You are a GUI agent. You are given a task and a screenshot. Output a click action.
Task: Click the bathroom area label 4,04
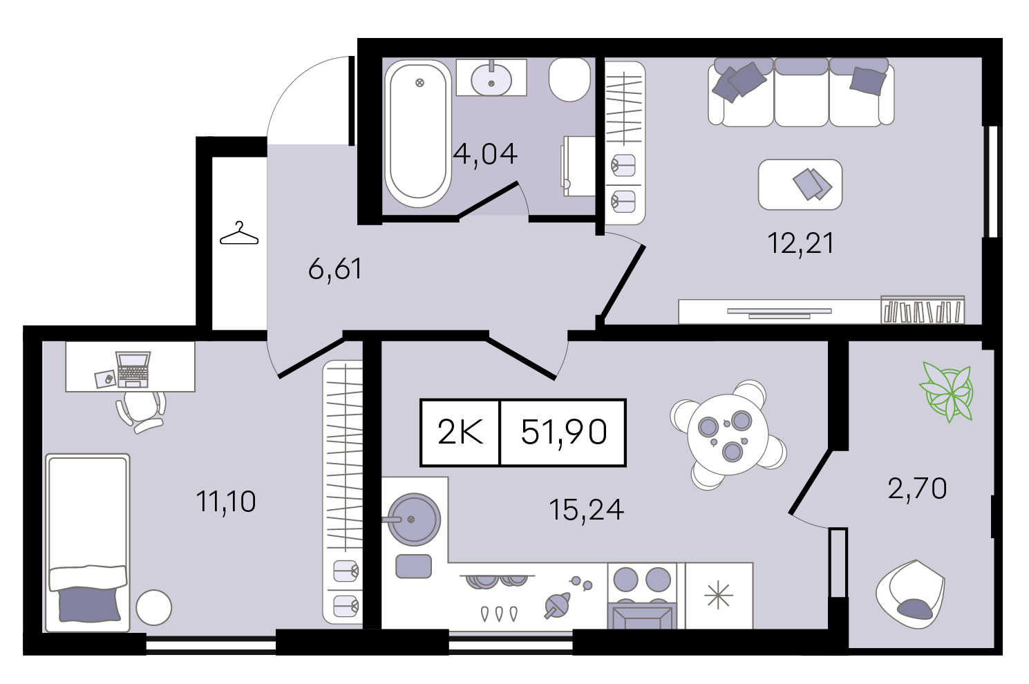coord(485,154)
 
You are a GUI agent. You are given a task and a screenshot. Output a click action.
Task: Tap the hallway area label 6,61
coord(335,269)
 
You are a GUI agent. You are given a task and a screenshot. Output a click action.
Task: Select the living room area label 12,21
coord(801,243)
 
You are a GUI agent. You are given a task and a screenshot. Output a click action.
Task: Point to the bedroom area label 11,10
coord(225,502)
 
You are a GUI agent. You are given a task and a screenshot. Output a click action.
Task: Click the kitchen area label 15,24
coord(586,510)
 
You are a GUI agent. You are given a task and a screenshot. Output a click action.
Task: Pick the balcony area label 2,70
coord(917,488)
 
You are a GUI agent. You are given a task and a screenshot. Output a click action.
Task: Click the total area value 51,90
coord(564,433)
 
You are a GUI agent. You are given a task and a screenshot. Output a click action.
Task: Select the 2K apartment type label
coord(460,433)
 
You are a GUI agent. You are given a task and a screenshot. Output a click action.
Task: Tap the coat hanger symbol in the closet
coord(239,233)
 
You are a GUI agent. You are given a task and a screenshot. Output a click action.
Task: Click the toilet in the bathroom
coord(569,79)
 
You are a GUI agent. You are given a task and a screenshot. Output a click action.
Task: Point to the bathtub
coord(418,134)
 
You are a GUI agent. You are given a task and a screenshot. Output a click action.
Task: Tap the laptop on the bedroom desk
coord(133,370)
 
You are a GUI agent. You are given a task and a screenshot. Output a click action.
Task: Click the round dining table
coord(728,435)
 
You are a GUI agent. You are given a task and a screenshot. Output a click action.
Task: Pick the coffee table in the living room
coord(800,184)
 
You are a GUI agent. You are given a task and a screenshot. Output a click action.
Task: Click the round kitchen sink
coord(414,520)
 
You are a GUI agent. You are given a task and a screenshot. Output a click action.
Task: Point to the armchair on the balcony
coord(910,594)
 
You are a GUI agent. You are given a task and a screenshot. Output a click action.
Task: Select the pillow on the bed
coord(89,605)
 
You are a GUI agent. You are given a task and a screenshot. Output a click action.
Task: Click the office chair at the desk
coord(140,411)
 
